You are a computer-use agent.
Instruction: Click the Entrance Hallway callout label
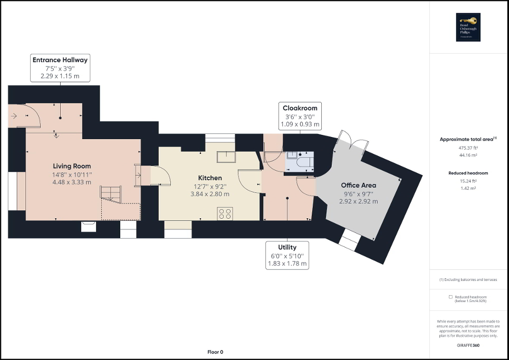(60, 68)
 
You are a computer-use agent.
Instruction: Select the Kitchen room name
(210, 178)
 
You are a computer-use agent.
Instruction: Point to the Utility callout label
(287, 255)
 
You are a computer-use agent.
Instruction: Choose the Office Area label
(358, 186)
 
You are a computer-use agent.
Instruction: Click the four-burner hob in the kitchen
(225, 213)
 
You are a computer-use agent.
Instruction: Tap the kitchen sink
(228, 157)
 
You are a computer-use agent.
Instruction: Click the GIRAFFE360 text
(469, 345)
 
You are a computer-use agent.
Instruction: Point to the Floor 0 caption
(215, 352)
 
